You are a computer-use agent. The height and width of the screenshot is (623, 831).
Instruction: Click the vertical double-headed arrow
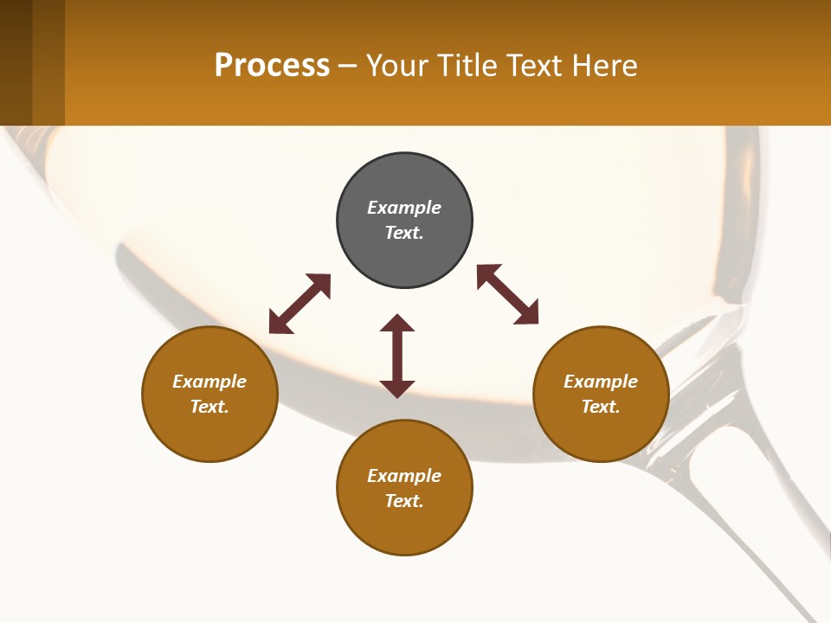[397, 356]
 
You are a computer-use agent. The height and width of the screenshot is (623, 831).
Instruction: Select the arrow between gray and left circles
[300, 304]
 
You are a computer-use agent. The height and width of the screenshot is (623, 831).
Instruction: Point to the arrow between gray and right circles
[507, 294]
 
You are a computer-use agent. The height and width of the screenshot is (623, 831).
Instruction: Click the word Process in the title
[272, 65]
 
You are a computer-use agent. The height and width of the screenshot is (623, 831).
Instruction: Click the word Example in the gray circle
[404, 208]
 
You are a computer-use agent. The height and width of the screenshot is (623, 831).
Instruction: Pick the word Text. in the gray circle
[404, 233]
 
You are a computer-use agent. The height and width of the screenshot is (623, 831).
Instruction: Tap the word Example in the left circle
[209, 382]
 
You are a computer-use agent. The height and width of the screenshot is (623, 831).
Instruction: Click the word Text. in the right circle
[601, 407]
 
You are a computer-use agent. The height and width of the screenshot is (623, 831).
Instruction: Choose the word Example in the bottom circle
[404, 476]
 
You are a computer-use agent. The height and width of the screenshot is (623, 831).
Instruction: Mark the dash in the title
[348, 66]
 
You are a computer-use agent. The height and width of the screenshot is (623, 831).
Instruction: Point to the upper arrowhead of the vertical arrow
[397, 323]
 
